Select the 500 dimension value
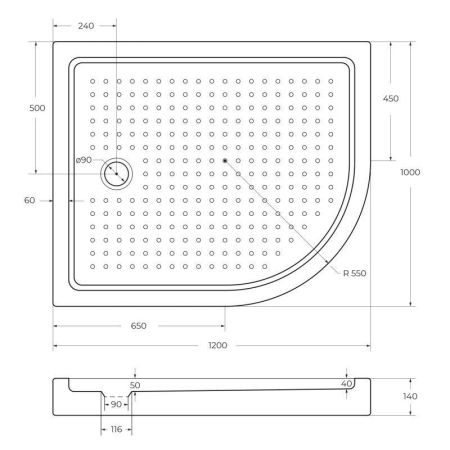pos(38,107)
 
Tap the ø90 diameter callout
pos(84,160)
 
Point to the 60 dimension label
pos(29,201)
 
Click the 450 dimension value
pos(391,98)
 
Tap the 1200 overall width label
pos(218,346)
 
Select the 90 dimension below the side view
pos(116,404)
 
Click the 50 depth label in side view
pos(135,384)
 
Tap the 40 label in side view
pos(347,384)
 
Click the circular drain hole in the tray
pos(116,173)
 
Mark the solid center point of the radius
pos(226,160)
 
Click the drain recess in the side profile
pos(117,396)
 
